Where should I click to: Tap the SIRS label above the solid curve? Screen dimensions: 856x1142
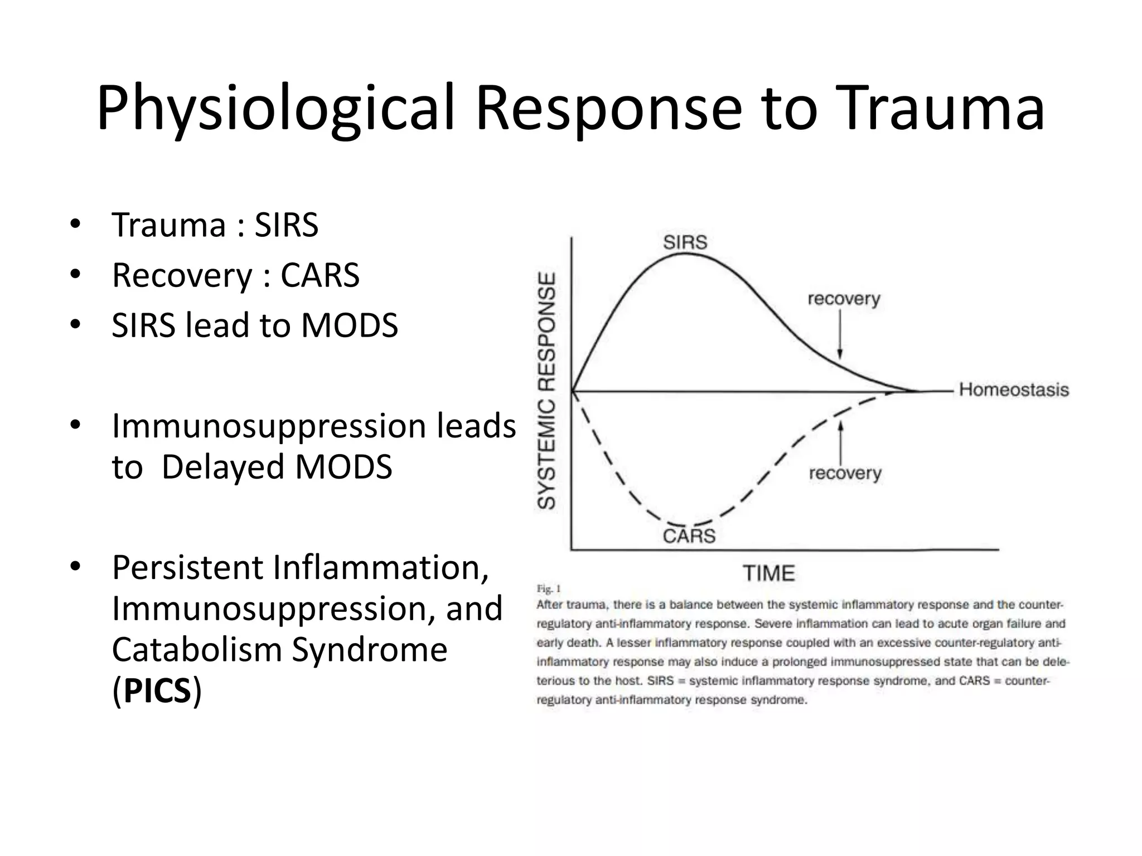click(685, 242)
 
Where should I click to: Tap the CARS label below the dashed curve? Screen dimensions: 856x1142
click(689, 536)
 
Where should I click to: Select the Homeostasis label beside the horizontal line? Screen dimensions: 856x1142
click(1014, 390)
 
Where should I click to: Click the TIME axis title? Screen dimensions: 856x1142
click(768, 573)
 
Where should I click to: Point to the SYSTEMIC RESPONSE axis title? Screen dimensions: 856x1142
click(546, 390)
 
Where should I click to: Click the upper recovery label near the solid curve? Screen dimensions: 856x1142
click(844, 299)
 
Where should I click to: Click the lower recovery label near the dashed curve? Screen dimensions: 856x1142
click(845, 473)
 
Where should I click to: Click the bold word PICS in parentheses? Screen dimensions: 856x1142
click(157, 691)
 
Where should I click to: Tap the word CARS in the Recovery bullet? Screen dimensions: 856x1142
click(320, 275)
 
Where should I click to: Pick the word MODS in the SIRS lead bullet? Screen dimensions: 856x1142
click(350, 325)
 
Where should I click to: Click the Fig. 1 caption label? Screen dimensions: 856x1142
click(548, 588)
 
